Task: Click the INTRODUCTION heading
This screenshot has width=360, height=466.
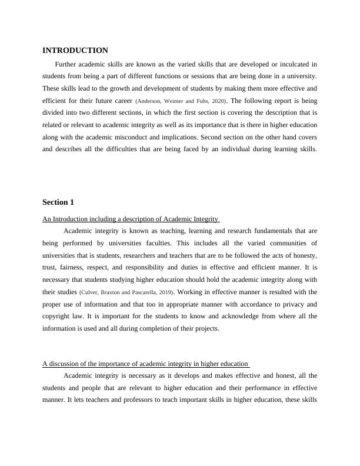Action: pos(75,51)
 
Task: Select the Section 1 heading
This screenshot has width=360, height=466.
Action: pos(58,202)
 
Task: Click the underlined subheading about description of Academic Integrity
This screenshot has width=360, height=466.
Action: pos(131,219)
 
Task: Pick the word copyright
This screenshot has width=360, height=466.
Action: pos(58,317)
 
